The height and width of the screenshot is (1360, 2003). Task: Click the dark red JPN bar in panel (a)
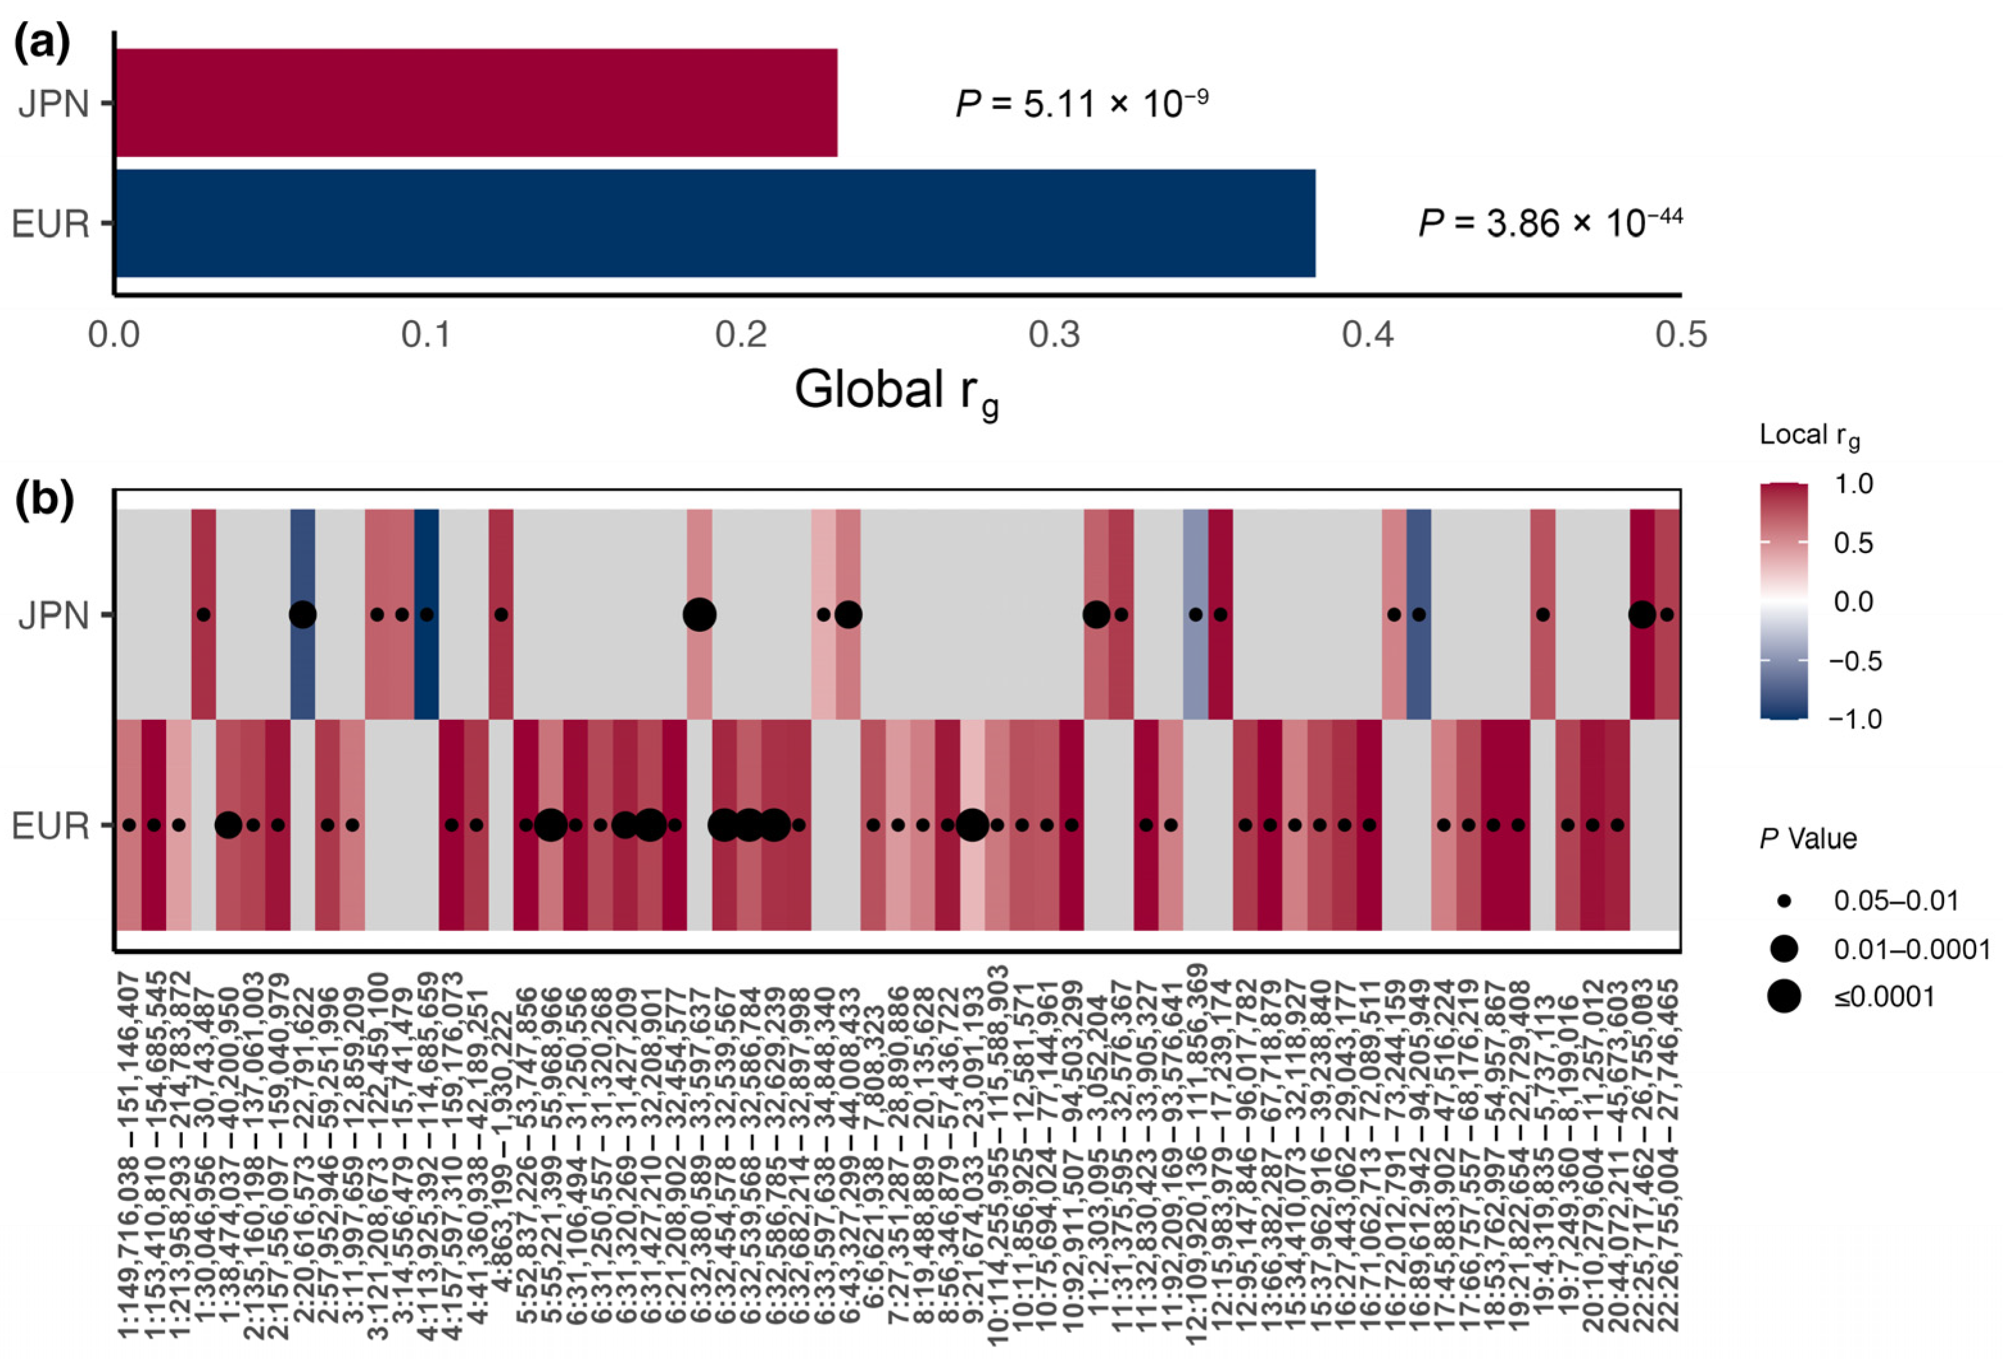pyautogui.click(x=476, y=103)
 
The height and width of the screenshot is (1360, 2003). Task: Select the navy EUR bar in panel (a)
pyautogui.click(x=715, y=223)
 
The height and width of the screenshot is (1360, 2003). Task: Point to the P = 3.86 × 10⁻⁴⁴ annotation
pyautogui.click(x=1549, y=223)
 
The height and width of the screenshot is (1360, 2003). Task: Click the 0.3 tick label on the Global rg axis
pyautogui.click(x=1054, y=334)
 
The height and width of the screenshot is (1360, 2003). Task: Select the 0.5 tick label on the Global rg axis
pyautogui.click(x=1681, y=334)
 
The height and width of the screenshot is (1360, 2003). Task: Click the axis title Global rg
pyautogui.click(x=896, y=392)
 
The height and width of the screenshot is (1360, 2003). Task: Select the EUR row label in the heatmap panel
pyautogui.click(x=51, y=826)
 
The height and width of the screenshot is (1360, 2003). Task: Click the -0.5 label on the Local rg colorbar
pyautogui.click(x=1855, y=661)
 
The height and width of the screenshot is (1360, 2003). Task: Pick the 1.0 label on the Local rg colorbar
pyautogui.click(x=1853, y=484)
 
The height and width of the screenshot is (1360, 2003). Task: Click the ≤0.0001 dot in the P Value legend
pyautogui.click(x=1783, y=997)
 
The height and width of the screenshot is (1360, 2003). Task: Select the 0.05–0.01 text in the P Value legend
pyautogui.click(x=1895, y=901)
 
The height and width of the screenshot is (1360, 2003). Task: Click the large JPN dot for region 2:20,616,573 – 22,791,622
pyautogui.click(x=303, y=615)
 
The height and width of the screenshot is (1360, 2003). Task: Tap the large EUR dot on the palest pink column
pyautogui.click(x=972, y=825)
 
